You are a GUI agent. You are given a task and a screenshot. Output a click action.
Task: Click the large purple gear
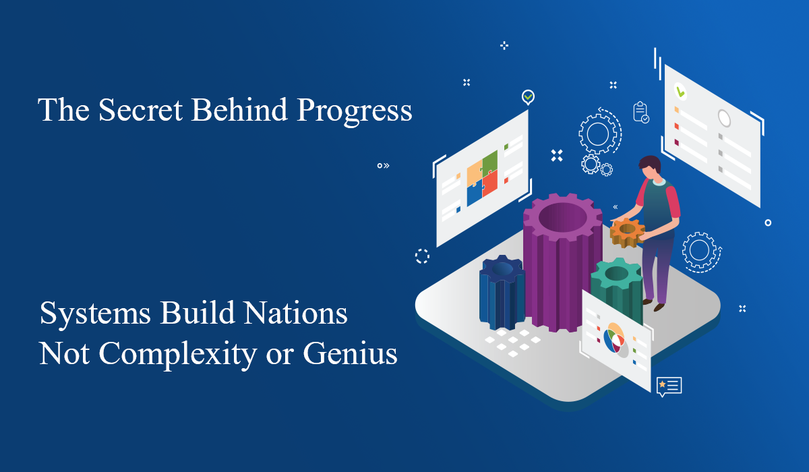pos(562,263)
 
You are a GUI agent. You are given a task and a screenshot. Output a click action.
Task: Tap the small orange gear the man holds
pos(627,232)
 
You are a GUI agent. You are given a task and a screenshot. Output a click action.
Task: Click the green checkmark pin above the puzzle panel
pos(528,97)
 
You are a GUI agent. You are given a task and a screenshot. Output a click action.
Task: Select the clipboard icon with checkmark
pos(640,112)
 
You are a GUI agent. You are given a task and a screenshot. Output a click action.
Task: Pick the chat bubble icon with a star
pos(669,386)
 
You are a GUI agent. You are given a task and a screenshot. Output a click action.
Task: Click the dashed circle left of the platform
pos(422,256)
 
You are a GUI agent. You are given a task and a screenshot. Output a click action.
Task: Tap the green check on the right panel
pos(680,90)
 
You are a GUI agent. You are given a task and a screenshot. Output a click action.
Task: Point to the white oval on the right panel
pos(724,119)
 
